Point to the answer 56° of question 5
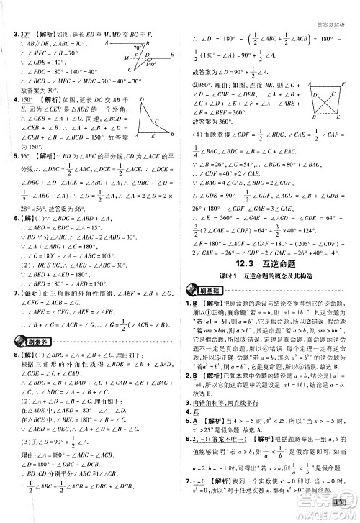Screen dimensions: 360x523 coord(25,154)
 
